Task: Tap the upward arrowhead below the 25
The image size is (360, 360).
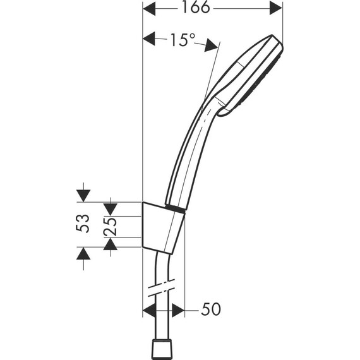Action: [x=111, y=245]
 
